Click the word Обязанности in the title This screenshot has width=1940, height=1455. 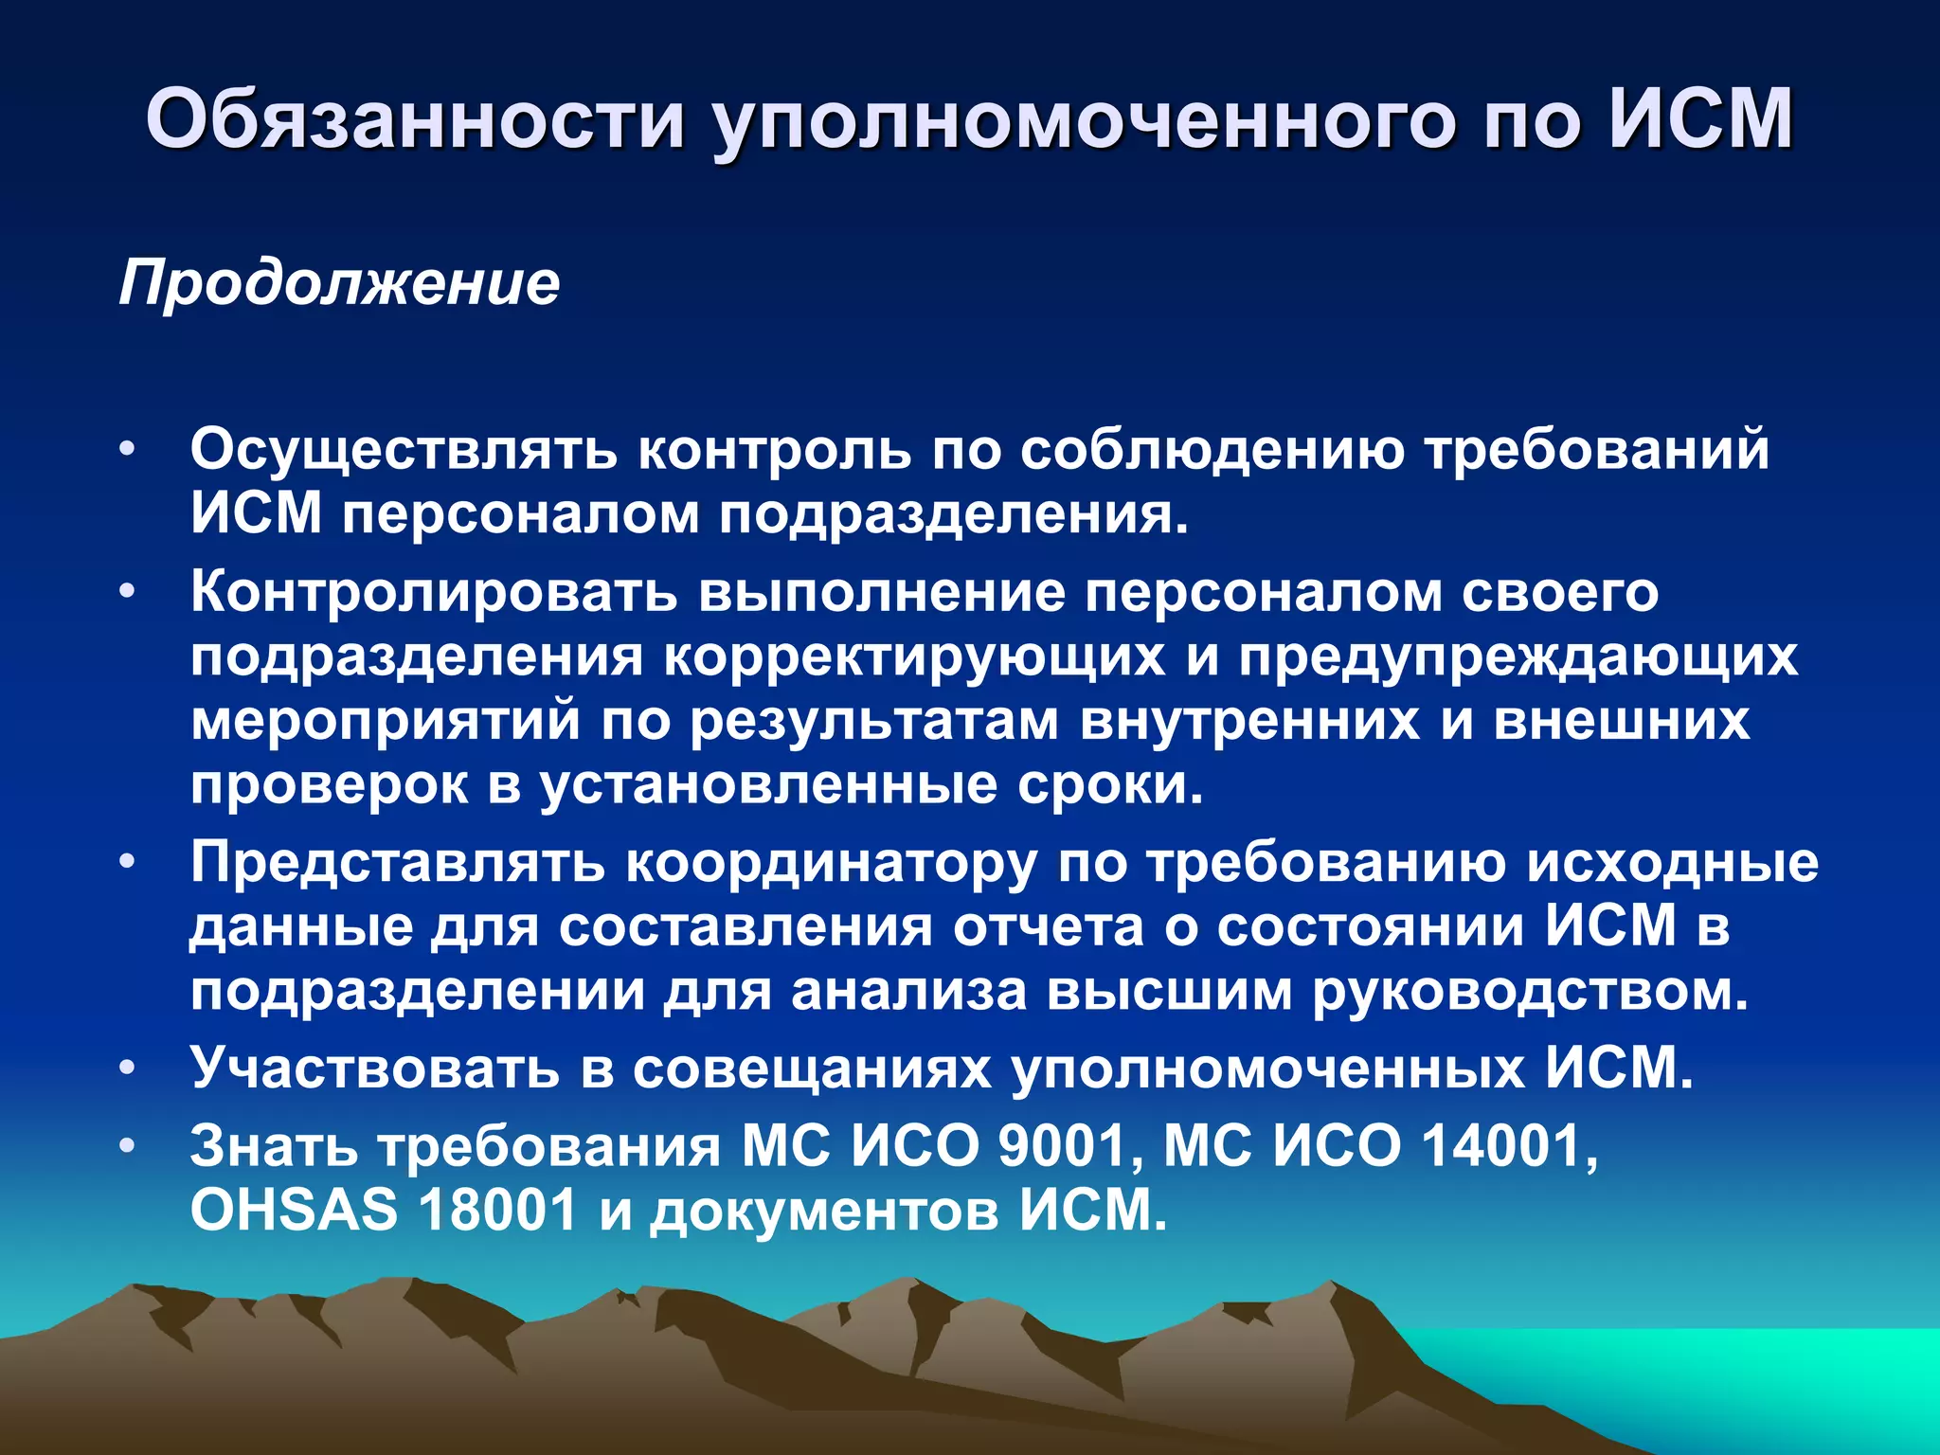tap(415, 120)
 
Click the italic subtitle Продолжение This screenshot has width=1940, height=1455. tap(339, 282)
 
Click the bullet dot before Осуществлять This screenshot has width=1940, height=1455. tap(128, 448)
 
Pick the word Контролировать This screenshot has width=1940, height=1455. tap(434, 592)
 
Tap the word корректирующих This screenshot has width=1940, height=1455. tap(914, 656)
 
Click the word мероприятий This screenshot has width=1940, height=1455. tap(386, 720)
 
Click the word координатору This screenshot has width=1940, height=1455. tap(832, 864)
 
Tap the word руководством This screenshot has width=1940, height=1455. tap(1530, 992)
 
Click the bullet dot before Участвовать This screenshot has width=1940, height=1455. tap(128, 1068)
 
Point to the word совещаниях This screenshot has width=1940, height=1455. tap(812, 1069)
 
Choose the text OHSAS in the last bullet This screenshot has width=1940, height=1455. tap(294, 1210)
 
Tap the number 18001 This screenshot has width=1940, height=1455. tap(498, 1210)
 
